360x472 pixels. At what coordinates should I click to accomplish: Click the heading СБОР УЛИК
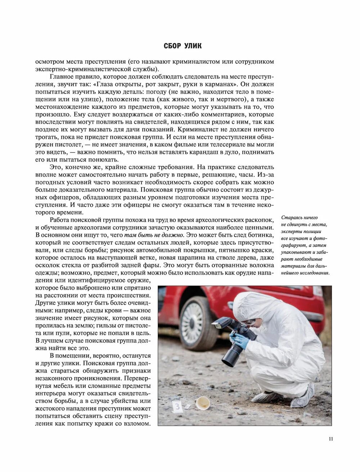(183, 46)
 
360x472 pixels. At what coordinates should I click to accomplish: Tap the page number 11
(331, 439)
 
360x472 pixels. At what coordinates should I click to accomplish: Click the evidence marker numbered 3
(177, 407)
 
